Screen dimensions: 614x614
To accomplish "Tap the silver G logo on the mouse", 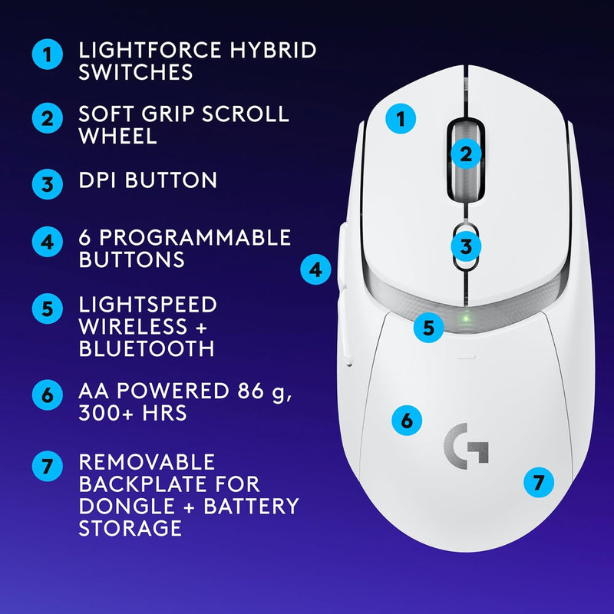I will click(467, 444).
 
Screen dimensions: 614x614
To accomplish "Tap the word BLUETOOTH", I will click(147, 348).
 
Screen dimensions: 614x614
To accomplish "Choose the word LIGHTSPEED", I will click(148, 305).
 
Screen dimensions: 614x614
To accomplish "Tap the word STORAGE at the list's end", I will click(130, 528).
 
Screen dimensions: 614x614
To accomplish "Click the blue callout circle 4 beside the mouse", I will click(315, 269).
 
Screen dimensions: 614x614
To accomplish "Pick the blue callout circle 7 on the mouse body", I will click(538, 482).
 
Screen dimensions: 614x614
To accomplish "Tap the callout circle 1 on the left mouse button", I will click(400, 119).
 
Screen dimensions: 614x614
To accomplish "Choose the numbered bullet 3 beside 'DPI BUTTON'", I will click(48, 184).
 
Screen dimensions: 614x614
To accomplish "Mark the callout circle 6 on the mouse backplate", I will click(407, 420).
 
